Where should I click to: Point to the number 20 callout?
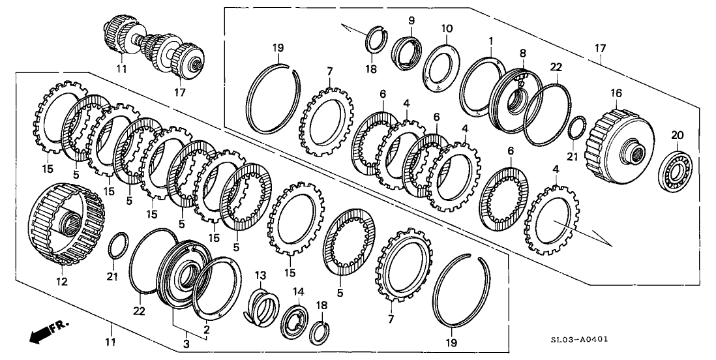coord(677,135)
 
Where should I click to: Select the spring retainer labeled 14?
coord(295,319)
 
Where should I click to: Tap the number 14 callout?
coord(298,291)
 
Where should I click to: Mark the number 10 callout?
coord(446,29)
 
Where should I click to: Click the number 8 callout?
coord(522,52)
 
